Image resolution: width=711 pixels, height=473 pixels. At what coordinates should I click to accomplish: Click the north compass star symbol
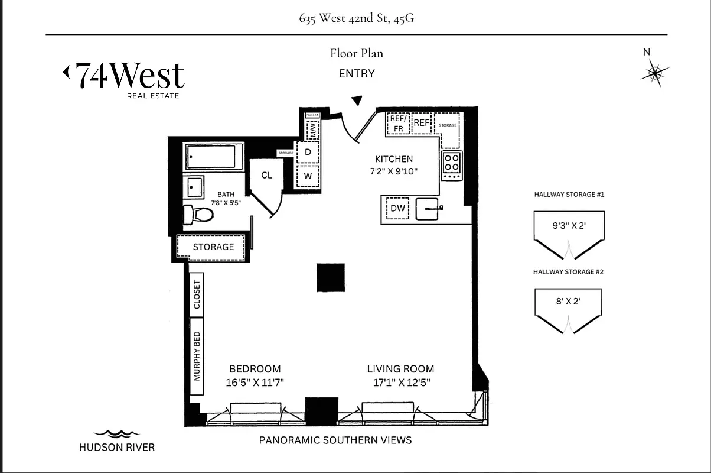point(655,73)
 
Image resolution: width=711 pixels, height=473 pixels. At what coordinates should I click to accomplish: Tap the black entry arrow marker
point(357,101)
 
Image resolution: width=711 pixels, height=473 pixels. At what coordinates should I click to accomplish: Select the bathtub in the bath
point(211,157)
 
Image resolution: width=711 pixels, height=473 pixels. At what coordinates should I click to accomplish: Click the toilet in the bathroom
point(197,214)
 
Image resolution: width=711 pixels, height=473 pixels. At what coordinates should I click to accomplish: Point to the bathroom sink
point(194,187)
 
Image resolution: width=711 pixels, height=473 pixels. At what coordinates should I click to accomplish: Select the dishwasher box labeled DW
point(397,208)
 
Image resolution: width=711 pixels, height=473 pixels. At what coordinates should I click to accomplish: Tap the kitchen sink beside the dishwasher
point(428,209)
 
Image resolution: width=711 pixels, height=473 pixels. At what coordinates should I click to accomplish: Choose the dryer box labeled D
point(308,152)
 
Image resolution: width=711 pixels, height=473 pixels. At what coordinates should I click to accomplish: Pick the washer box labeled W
point(308,176)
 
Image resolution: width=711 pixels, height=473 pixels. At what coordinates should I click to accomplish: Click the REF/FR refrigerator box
point(397,124)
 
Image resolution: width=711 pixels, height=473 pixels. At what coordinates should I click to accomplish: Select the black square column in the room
point(331,277)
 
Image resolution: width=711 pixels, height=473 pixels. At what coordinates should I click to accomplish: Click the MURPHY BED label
point(197,357)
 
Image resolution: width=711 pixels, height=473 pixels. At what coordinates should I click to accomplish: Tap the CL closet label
point(266,175)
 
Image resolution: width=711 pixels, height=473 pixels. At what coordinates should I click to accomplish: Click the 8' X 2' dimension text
point(568,300)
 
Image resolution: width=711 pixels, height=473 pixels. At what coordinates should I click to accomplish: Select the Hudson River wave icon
point(116,433)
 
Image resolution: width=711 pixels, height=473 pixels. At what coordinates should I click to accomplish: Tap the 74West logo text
point(124,76)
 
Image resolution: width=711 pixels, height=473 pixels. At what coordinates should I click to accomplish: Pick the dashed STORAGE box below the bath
point(213,247)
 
